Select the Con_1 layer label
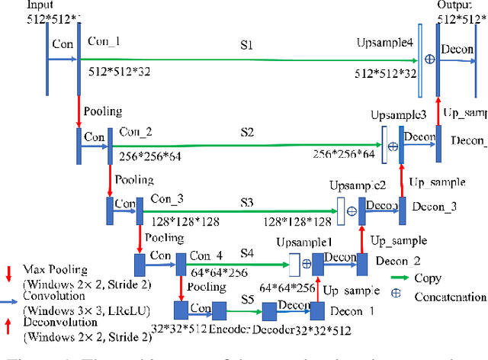click(x=104, y=41)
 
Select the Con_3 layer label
click(x=166, y=199)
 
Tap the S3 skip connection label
click(x=246, y=202)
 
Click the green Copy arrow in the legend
click(x=403, y=278)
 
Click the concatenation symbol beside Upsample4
click(x=429, y=58)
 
